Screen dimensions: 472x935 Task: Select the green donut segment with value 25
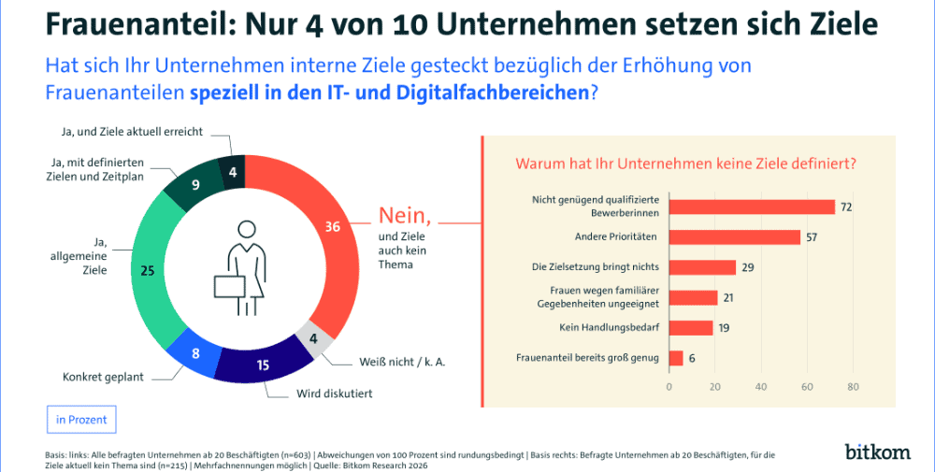(x=150, y=271)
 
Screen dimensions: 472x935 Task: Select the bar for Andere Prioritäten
(x=735, y=237)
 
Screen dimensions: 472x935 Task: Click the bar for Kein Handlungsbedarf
(x=691, y=327)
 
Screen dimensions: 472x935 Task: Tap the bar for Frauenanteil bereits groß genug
(x=676, y=357)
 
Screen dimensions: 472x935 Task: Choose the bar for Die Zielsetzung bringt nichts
(x=702, y=267)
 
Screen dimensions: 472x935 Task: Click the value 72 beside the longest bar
(x=845, y=207)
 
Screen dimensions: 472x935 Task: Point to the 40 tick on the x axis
(x=761, y=386)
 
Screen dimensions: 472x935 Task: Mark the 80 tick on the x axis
(x=853, y=386)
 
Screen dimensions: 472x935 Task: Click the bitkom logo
(x=877, y=451)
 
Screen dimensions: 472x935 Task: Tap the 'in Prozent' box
(x=81, y=420)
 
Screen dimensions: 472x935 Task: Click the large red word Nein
(x=405, y=216)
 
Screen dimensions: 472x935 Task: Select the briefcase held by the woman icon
(x=230, y=291)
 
